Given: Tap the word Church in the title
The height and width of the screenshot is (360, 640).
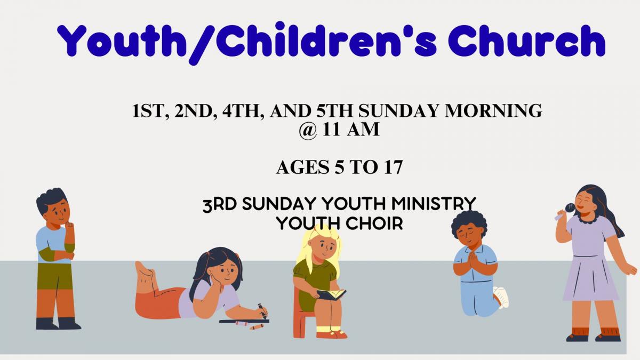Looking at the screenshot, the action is tap(529, 41).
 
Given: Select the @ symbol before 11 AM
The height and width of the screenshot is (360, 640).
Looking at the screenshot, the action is tap(308, 130).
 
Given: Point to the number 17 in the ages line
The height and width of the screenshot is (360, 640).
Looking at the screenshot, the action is tap(393, 167).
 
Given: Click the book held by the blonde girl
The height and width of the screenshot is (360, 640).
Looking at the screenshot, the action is tap(331, 294).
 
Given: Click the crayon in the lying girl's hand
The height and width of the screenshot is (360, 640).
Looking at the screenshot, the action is tap(262, 311).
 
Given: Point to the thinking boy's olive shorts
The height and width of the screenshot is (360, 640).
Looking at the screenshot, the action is tap(54, 277).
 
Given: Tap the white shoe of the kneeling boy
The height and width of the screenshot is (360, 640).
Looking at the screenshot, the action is tap(501, 297).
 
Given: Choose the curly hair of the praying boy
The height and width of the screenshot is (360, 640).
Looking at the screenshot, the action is tap(469, 221).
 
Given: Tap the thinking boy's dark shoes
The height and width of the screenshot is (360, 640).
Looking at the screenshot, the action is tap(58, 323).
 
